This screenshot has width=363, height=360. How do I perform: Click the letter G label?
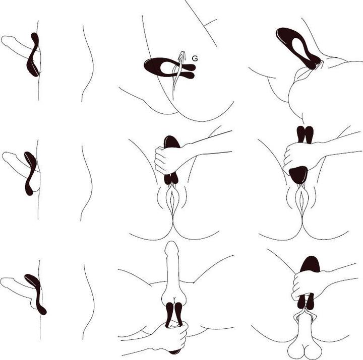[195, 59]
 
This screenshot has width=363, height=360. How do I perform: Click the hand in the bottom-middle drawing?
[171, 334]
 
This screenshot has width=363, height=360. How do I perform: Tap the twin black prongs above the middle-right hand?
[305, 133]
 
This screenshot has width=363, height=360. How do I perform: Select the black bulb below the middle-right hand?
[298, 175]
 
